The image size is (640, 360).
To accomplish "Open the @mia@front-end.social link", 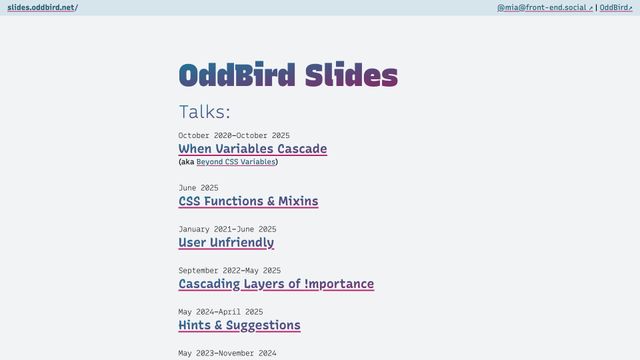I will (x=543, y=7).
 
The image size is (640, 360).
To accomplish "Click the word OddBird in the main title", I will (x=237, y=75).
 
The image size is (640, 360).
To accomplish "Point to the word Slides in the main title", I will (x=351, y=75).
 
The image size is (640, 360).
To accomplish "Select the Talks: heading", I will (x=204, y=111).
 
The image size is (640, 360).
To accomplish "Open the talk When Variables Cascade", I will (x=252, y=149).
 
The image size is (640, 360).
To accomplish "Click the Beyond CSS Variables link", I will (x=235, y=161).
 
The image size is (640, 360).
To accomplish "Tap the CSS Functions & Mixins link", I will (x=248, y=201).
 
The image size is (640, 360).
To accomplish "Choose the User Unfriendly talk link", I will (x=226, y=242).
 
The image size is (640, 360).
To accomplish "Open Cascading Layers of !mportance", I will (x=276, y=284).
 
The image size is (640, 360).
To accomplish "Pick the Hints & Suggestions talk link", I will (x=239, y=325).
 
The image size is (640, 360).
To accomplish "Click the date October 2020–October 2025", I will (x=234, y=135).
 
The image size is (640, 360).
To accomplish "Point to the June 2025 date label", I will (x=198, y=187).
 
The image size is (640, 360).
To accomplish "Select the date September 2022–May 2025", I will (x=229, y=270).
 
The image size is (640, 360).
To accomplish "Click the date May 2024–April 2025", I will (x=220, y=311).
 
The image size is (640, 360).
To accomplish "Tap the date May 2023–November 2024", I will (x=227, y=353).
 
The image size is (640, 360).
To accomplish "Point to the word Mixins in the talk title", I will (x=299, y=201).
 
